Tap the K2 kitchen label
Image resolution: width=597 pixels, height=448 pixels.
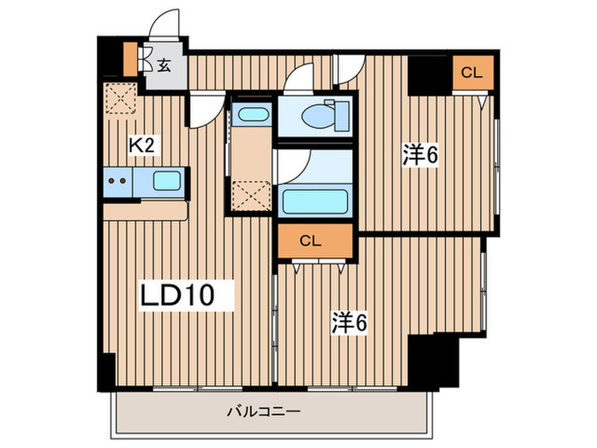tap(141, 146)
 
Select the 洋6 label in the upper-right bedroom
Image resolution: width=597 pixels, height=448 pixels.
tap(420, 154)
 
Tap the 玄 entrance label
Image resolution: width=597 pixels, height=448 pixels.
tap(162, 62)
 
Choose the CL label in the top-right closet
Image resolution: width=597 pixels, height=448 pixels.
tap(472, 73)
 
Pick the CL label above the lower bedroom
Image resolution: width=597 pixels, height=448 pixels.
tap(311, 241)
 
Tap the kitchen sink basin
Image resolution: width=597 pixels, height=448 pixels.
tap(165, 181)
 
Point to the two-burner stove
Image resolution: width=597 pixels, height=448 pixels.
tap(119, 181)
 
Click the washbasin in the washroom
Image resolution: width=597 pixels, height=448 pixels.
tap(252, 114)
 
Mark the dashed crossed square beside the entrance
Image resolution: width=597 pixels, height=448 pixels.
tap(120, 101)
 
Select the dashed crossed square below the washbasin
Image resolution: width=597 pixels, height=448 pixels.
tap(252, 196)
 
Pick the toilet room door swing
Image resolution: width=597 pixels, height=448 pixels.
tap(298, 81)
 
